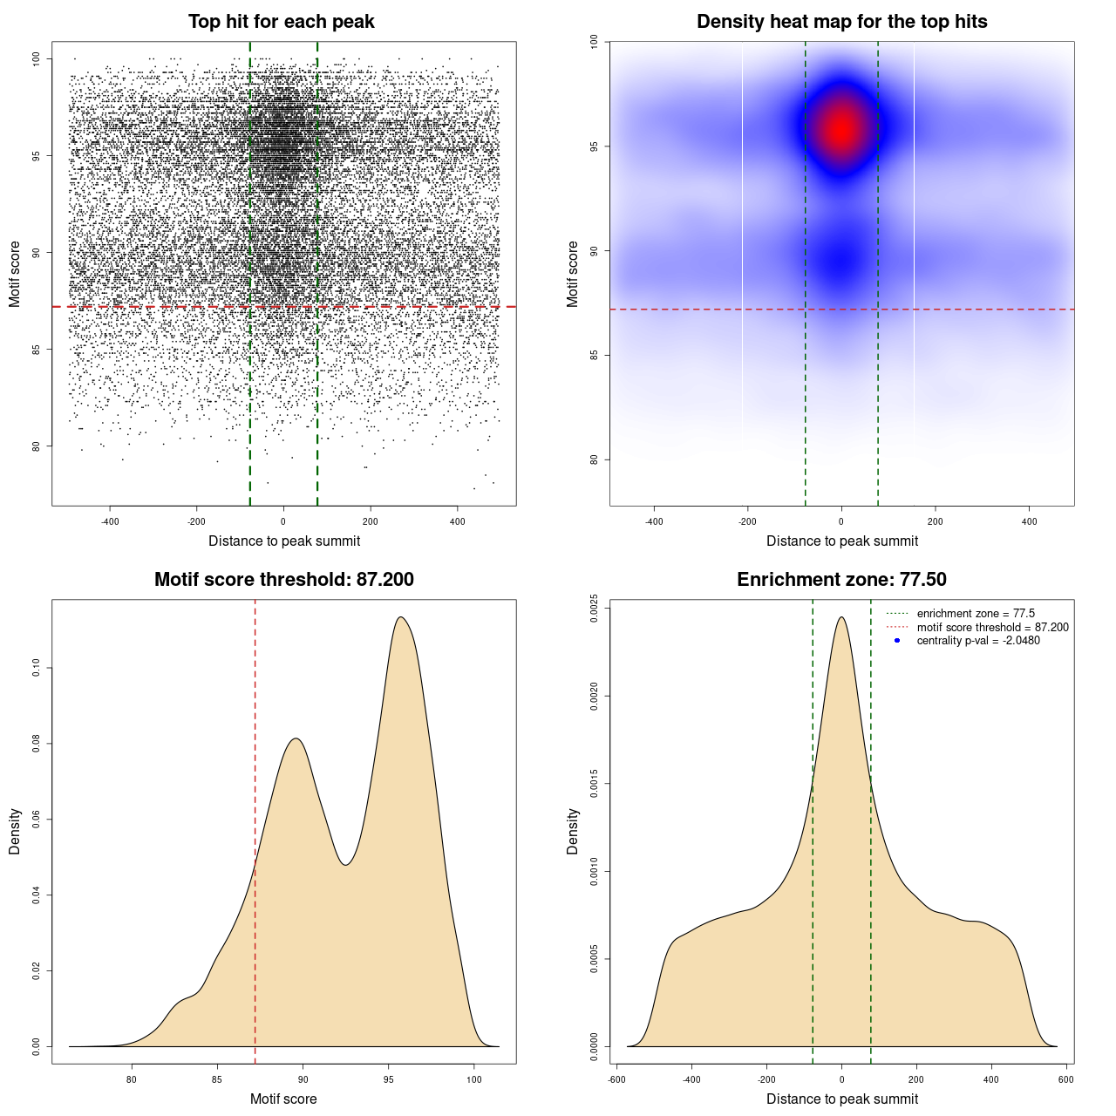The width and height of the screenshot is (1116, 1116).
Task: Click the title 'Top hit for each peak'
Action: (281, 22)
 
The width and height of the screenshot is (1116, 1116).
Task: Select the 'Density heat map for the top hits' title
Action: (841, 22)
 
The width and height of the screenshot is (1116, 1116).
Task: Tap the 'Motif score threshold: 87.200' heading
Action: (283, 580)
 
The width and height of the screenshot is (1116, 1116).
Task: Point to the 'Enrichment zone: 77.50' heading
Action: (841, 580)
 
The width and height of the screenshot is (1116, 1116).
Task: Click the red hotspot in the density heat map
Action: (840, 130)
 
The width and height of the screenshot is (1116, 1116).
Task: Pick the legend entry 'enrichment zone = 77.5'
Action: (976, 614)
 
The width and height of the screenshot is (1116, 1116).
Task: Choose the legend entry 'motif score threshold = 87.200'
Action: (992, 628)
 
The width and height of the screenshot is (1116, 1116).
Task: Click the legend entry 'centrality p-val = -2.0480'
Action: (978, 641)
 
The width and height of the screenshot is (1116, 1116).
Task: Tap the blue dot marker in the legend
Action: (897, 641)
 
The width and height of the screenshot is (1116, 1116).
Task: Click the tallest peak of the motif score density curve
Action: (400, 617)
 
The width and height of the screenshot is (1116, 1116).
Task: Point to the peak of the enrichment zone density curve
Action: (841, 617)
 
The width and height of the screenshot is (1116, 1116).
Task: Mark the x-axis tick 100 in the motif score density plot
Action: (473, 1079)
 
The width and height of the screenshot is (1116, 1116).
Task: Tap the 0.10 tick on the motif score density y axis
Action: (36, 669)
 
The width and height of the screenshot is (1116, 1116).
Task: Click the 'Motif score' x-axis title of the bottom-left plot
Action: (283, 1099)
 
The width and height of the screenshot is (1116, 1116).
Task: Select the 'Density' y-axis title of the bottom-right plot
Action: (573, 831)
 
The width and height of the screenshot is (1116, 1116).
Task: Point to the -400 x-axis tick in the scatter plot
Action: (110, 521)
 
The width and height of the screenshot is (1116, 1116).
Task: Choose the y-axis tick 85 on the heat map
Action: (594, 355)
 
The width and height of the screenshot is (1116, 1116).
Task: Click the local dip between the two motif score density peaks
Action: (346, 864)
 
